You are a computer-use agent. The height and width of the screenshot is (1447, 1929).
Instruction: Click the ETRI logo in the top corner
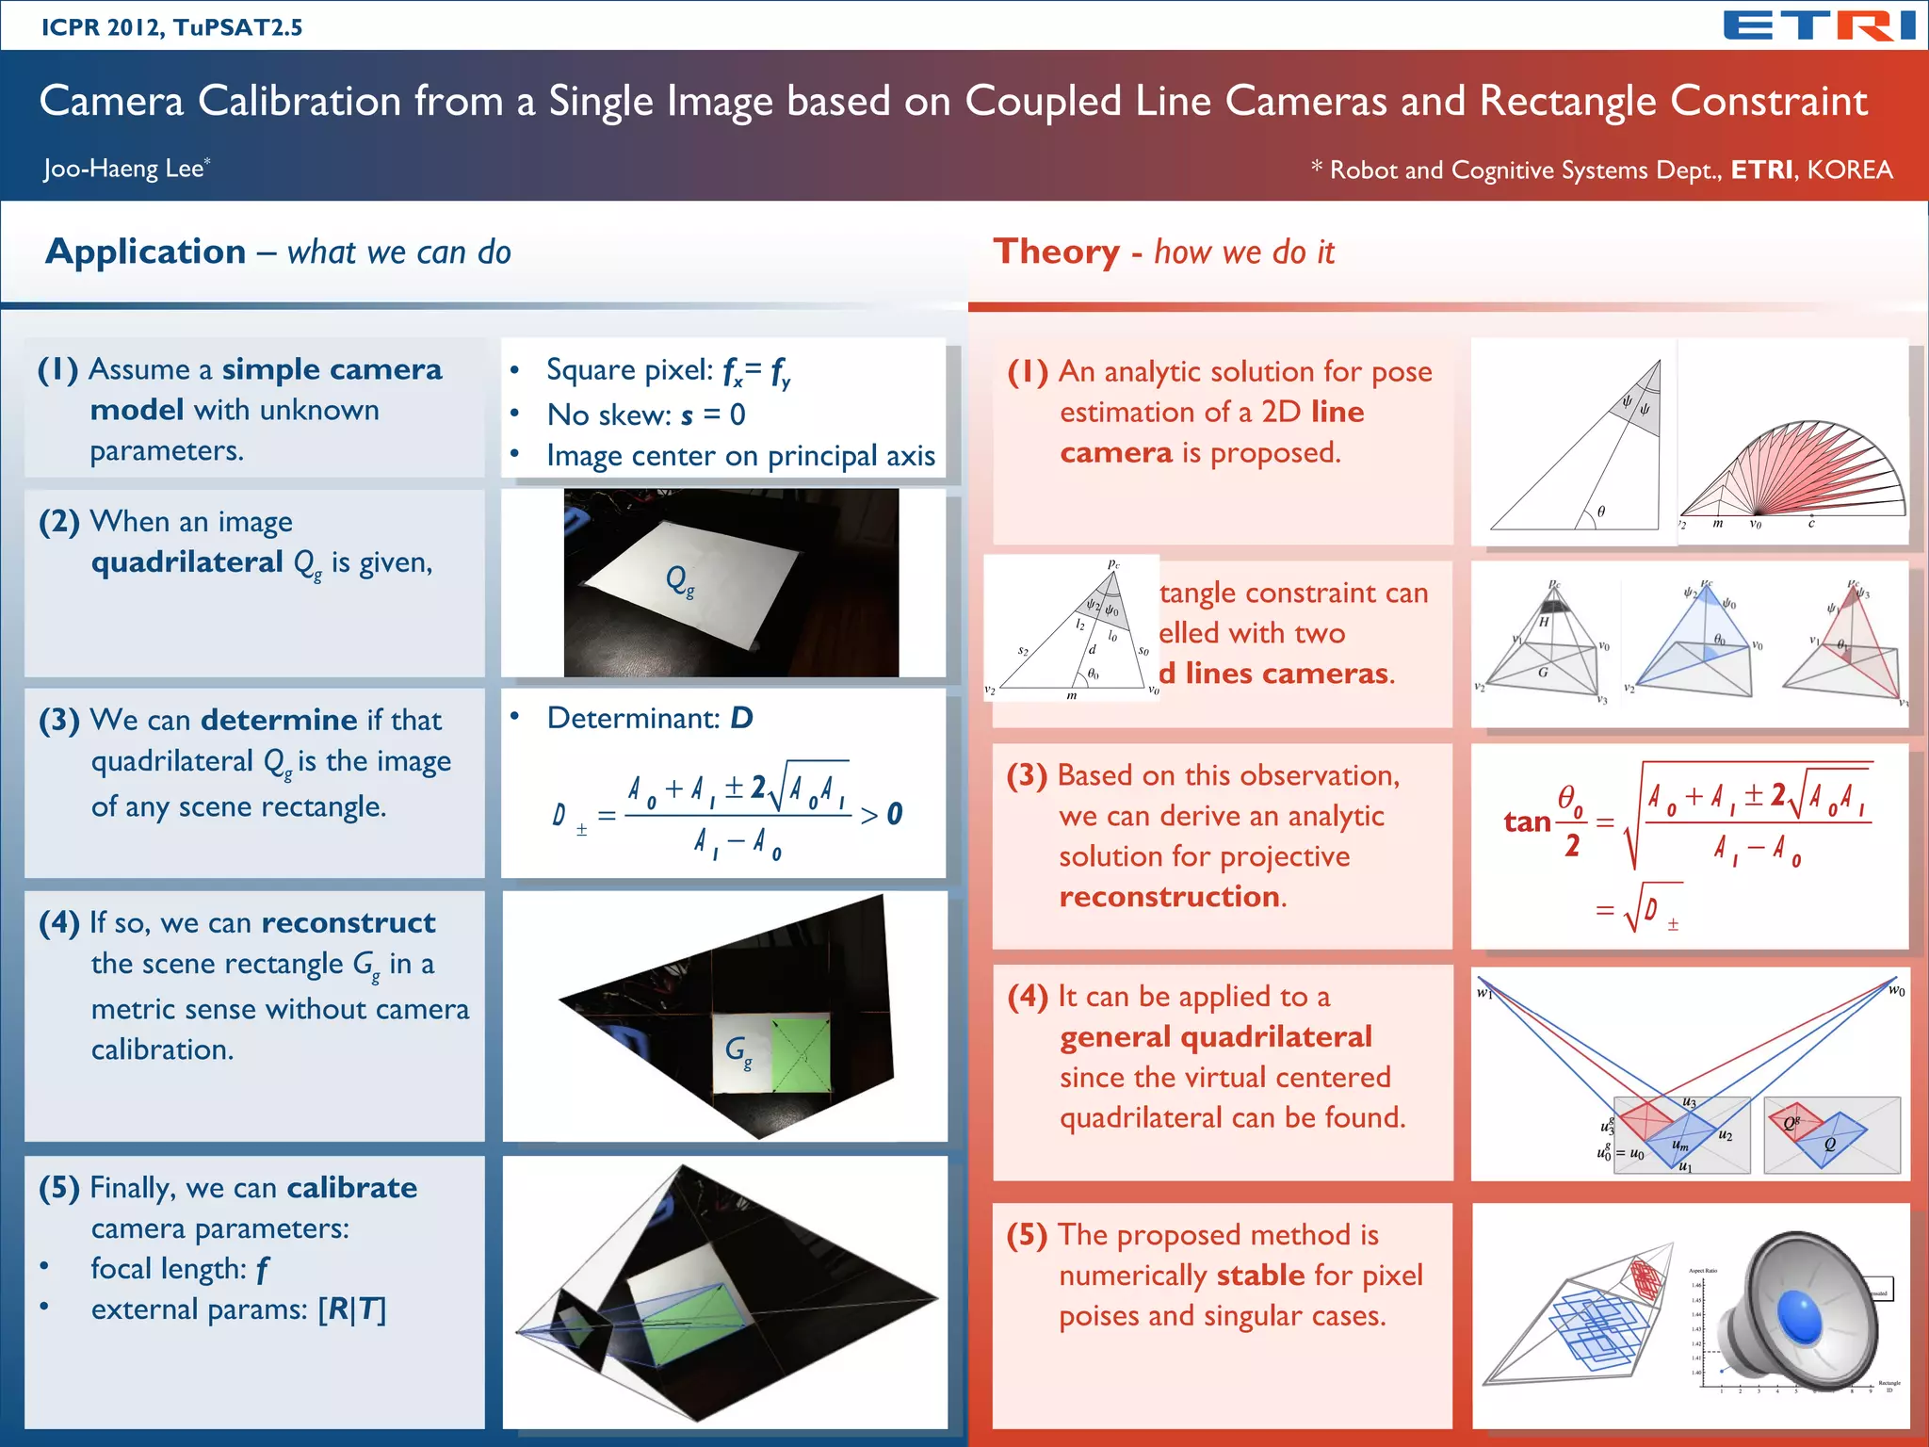(x=1819, y=25)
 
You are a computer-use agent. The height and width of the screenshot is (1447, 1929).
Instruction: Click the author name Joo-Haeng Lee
(x=123, y=169)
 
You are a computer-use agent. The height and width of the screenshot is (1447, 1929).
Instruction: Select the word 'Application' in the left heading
(x=146, y=252)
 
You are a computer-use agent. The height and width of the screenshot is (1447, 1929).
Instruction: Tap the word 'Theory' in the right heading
(x=1056, y=252)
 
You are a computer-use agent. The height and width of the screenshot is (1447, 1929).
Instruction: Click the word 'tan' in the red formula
(x=1527, y=821)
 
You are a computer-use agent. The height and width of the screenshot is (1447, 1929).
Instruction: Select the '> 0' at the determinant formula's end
(x=882, y=814)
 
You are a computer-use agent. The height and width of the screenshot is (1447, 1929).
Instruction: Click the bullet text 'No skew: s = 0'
(x=646, y=415)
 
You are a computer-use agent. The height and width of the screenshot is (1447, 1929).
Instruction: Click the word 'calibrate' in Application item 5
(x=351, y=1187)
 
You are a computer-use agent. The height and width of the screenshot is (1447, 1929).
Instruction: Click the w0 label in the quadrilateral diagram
(x=1896, y=990)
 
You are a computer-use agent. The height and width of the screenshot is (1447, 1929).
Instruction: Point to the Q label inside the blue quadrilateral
(x=1830, y=1144)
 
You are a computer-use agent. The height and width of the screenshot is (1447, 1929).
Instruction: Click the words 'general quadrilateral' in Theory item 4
(x=1215, y=1037)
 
